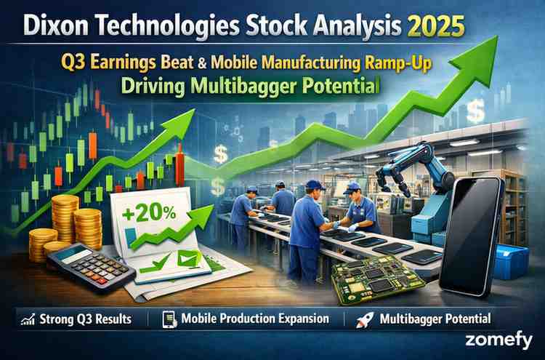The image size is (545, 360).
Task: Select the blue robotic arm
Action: (411, 175)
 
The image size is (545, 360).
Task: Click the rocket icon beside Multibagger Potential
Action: (363, 319)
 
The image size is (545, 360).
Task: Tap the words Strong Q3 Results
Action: (87, 319)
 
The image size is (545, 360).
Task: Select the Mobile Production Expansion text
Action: (254, 319)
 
